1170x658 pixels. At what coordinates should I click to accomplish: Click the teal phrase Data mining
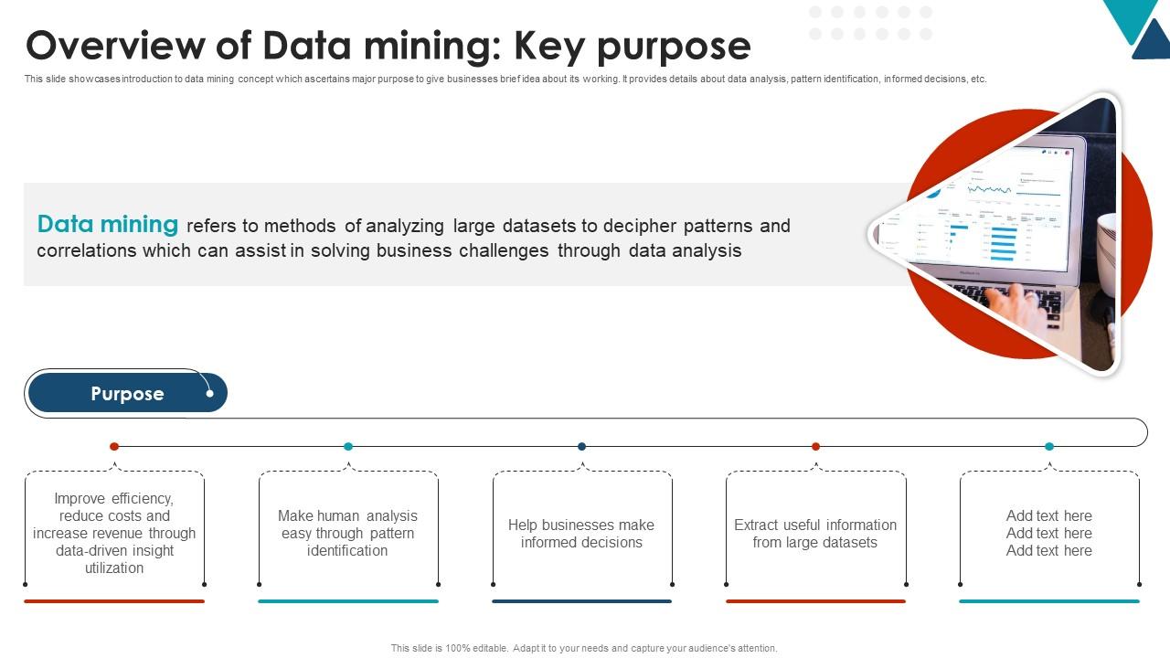[108, 224]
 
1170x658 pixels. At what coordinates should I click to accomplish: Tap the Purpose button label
[127, 394]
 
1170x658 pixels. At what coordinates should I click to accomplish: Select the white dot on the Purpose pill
[209, 394]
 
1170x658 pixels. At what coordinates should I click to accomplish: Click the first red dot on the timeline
[114, 446]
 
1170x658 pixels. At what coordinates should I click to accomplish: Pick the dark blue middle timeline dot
[581, 446]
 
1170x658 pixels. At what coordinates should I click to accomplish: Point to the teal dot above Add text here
[1049, 446]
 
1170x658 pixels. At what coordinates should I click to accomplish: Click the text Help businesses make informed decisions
[581, 534]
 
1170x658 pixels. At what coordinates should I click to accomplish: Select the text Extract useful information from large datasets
[815, 534]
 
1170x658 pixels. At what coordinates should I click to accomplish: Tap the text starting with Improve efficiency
[114, 534]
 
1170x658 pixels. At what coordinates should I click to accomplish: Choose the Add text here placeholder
[1049, 534]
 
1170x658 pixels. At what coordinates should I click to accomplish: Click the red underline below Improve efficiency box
[114, 601]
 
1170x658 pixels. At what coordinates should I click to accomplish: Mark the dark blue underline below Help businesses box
[581, 601]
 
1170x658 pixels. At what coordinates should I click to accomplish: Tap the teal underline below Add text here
[1049, 601]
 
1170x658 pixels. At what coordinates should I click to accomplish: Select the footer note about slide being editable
[584, 648]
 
